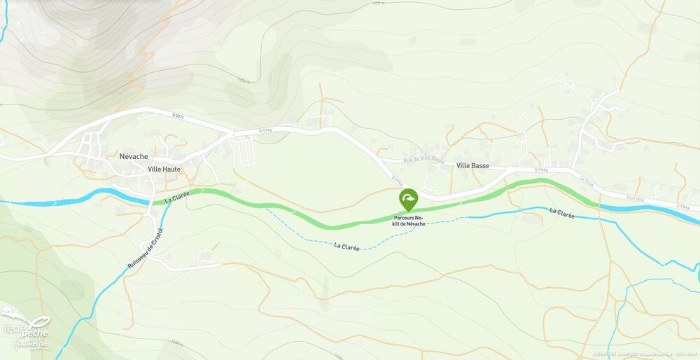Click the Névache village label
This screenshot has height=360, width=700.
[133, 157]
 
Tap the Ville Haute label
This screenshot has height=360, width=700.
[164, 169]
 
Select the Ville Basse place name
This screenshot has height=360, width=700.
[472, 166]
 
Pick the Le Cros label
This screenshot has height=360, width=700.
[586, 179]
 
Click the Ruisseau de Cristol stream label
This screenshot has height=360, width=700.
[146, 249]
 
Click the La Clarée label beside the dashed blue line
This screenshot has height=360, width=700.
[347, 246]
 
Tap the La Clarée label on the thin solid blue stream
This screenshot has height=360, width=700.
[562, 212]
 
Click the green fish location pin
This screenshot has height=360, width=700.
[408, 200]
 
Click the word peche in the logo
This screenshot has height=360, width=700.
[36, 328]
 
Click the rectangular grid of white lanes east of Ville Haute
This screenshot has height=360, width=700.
[243, 151]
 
